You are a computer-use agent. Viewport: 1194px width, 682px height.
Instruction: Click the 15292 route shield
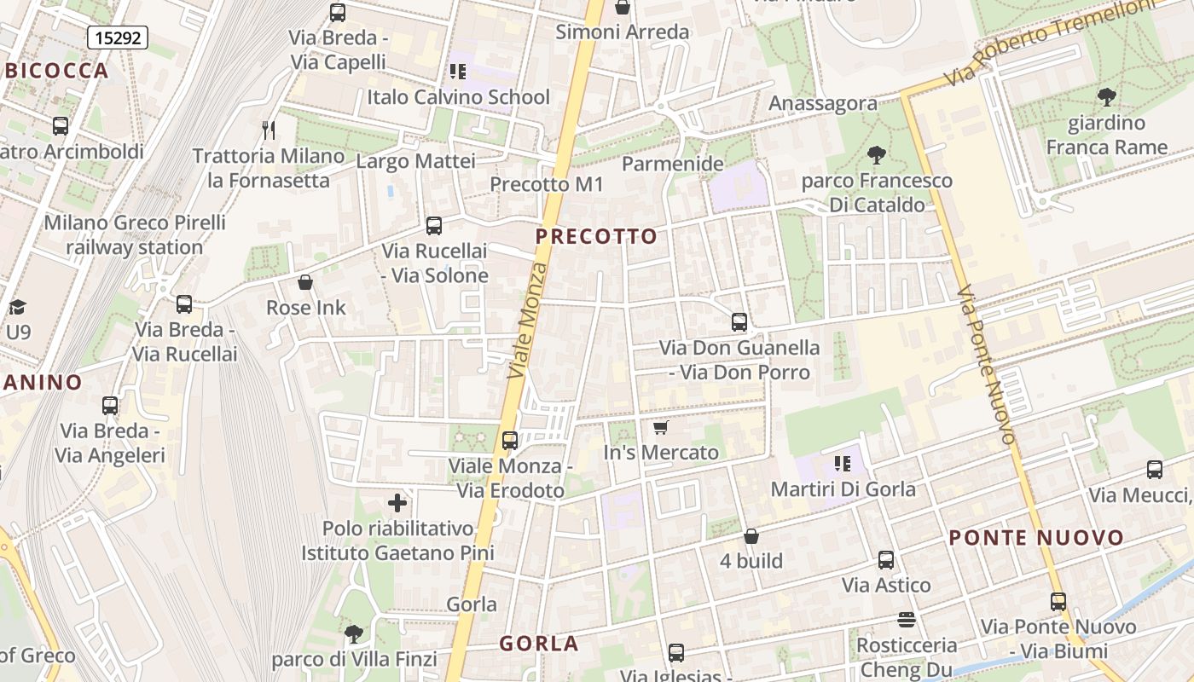coord(118,38)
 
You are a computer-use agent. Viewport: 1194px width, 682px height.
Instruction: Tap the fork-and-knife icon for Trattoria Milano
coord(269,130)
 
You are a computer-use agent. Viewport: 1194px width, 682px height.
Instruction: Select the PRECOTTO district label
coord(597,237)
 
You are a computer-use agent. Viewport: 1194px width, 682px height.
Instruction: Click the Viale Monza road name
coord(529,321)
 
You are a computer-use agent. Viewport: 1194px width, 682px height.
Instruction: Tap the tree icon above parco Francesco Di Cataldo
coord(875,155)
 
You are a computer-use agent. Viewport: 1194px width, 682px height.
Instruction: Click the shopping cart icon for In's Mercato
coord(660,427)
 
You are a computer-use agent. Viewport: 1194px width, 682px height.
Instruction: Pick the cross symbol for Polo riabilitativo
coord(397,503)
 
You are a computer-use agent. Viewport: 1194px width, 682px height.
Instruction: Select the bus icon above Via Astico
coord(886,560)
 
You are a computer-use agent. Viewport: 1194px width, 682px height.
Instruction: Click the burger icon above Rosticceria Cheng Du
coord(906,619)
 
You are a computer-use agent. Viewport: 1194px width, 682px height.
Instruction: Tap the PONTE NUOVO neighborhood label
coord(1036,538)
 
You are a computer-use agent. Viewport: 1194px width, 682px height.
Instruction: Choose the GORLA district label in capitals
coord(539,644)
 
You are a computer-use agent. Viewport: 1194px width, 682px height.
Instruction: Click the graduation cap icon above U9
coord(17,307)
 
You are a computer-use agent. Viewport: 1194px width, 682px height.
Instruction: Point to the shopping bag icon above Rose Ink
coord(305,282)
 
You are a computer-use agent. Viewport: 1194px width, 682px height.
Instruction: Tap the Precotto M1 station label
coord(547,184)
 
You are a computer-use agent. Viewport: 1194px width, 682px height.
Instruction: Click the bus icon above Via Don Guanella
coord(739,322)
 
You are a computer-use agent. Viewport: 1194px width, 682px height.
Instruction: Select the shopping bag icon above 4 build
coord(751,536)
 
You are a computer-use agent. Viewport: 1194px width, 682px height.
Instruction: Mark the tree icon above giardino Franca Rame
coord(1106,97)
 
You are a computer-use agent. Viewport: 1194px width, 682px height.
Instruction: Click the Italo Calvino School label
coord(458,97)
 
